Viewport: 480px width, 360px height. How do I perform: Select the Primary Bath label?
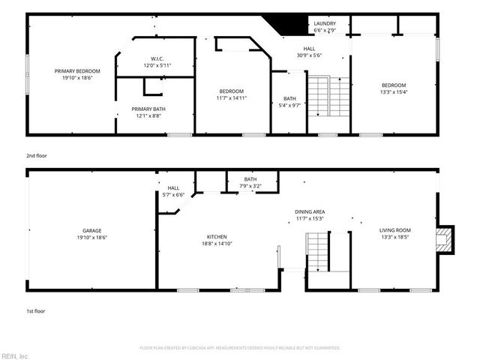click(x=153, y=112)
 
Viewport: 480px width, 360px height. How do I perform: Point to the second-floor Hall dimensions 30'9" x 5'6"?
click(x=309, y=55)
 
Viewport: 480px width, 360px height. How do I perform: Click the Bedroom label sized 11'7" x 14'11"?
click(x=232, y=94)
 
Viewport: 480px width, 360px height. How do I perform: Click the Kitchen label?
click(x=217, y=240)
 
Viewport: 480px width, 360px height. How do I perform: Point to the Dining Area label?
click(x=309, y=215)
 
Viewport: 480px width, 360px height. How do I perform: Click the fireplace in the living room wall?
click(x=446, y=240)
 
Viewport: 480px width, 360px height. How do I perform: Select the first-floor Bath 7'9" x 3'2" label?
click(x=250, y=182)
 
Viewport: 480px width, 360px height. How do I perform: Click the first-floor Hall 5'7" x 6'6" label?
click(x=173, y=191)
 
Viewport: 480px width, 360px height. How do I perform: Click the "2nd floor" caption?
click(x=36, y=155)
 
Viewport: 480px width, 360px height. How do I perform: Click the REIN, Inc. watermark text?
click(x=15, y=355)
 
